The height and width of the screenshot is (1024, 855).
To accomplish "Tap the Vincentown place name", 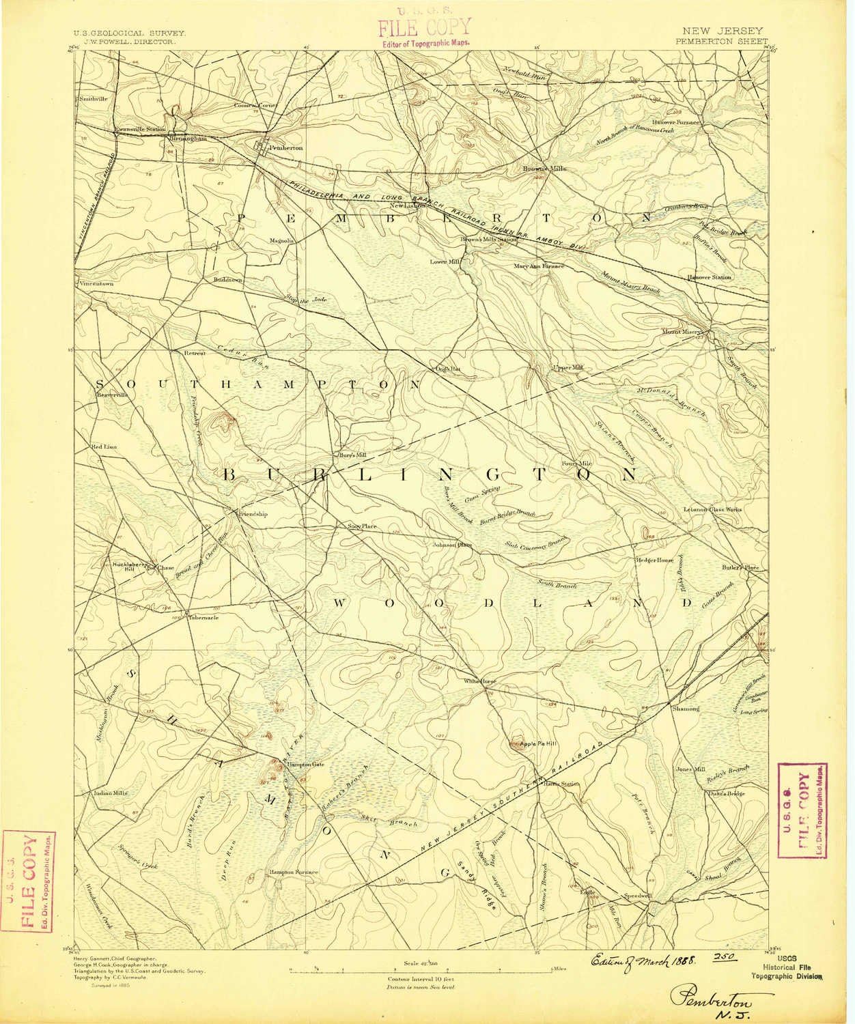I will [x=95, y=283].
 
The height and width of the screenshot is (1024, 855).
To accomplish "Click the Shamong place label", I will [x=686, y=709].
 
